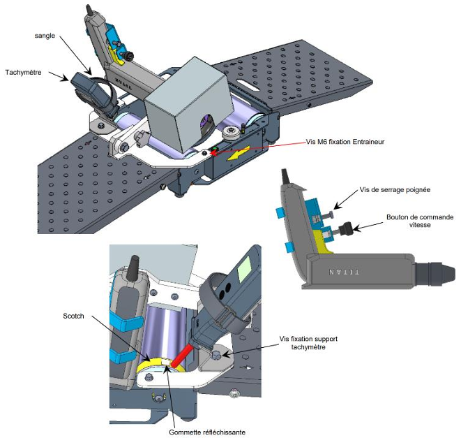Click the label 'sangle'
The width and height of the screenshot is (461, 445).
click(45, 36)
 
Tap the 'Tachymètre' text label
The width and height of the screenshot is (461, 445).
click(23, 73)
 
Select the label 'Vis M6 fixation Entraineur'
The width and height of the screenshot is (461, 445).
click(345, 142)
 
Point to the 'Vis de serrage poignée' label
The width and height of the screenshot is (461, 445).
click(395, 190)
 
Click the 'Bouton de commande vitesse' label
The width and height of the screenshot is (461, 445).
click(420, 221)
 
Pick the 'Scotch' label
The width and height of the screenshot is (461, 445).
click(73, 316)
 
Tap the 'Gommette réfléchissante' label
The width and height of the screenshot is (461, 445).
click(207, 432)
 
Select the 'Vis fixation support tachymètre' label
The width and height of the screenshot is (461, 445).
click(308, 343)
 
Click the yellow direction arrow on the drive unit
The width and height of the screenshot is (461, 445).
click(238, 153)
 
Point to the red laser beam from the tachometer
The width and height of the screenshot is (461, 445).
click(182, 356)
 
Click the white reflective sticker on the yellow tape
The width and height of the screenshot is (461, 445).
click(165, 362)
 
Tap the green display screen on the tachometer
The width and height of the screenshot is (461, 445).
click(244, 269)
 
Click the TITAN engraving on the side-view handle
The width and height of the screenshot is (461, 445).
click(344, 272)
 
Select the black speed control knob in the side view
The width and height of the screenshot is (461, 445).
click(345, 229)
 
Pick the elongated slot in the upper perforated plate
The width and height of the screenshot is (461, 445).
click(248, 85)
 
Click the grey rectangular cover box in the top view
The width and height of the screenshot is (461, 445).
click(186, 103)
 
